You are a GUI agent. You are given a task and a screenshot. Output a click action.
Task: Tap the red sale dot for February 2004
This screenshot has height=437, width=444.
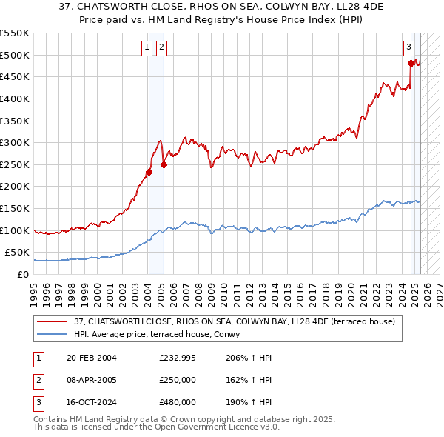149,173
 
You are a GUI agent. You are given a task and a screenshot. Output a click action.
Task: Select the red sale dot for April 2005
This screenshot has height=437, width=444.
164,165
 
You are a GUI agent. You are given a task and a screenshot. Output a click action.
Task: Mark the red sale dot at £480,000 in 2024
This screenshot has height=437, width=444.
411,64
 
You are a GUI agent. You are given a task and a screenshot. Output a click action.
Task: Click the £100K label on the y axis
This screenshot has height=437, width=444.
16,230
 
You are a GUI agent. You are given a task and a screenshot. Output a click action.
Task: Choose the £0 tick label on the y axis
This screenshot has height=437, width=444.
24,274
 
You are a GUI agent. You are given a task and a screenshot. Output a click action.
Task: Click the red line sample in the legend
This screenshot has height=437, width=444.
52,321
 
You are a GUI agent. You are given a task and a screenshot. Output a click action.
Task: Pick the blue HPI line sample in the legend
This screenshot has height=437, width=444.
52,334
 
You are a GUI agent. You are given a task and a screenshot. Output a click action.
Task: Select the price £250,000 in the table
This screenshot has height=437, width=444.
178,381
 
